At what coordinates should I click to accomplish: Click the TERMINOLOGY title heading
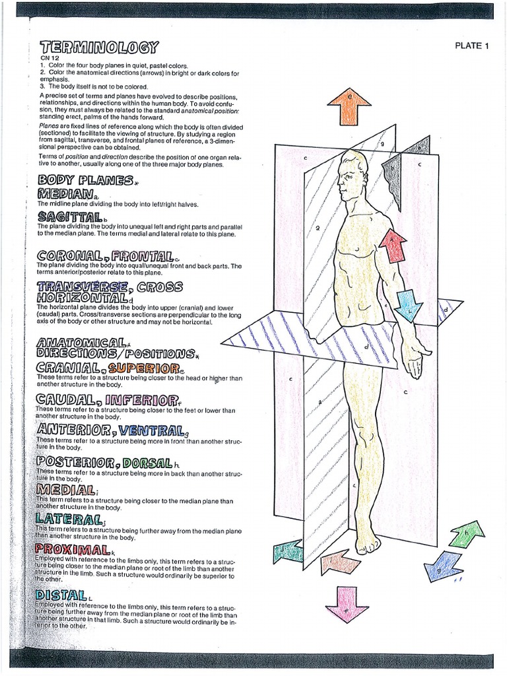point(99,48)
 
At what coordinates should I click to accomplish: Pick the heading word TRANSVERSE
point(82,287)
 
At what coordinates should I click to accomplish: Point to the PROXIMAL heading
point(73,549)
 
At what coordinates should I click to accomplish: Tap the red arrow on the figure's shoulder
point(393,245)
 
